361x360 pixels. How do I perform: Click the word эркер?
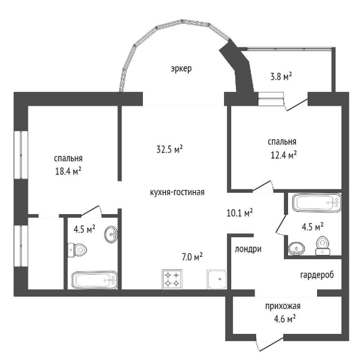click(181, 69)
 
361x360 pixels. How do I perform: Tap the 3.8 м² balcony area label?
click(281, 77)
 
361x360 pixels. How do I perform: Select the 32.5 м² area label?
click(170, 150)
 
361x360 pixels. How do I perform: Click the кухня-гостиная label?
click(177, 192)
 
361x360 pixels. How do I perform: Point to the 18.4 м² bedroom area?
click(68, 171)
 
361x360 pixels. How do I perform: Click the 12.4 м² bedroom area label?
click(283, 155)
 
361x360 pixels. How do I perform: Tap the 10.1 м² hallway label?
click(239, 213)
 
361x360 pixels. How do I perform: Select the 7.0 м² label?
click(192, 257)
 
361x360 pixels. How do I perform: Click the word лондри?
click(248, 249)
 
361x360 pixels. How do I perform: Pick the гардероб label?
click(317, 275)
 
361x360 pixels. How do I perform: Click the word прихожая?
click(283, 306)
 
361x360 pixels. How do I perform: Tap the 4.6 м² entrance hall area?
click(284, 319)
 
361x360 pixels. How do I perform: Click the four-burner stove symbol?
click(172, 279)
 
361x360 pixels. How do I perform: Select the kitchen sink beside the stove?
click(216, 279)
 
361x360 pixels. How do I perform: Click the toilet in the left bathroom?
click(77, 249)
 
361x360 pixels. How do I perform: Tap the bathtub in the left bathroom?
click(94, 280)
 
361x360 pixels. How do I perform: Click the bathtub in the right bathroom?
click(317, 202)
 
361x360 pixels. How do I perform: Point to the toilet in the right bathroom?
click(323, 246)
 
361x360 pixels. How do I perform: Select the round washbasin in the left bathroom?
click(111, 235)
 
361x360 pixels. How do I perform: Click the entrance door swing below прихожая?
click(270, 344)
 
